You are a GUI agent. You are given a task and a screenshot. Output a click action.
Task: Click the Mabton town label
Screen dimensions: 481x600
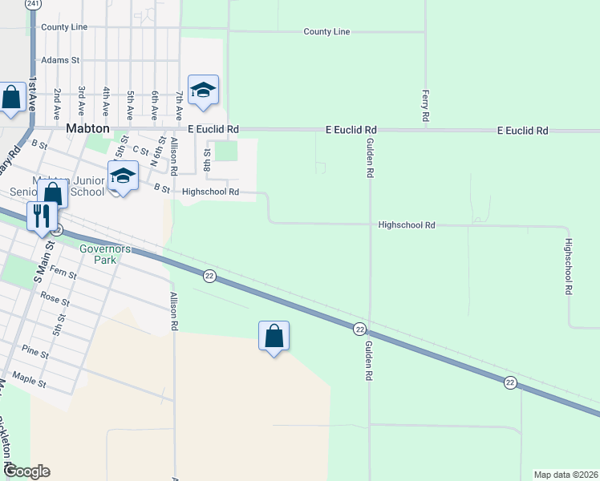point(87,129)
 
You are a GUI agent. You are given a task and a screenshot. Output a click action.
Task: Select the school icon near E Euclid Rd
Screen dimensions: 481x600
point(203,91)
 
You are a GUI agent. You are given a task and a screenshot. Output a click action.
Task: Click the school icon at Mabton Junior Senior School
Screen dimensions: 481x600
point(123,176)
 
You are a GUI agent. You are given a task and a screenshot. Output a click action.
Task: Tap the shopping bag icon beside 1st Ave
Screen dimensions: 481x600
point(12,99)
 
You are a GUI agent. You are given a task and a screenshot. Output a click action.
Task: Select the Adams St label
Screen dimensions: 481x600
point(61,60)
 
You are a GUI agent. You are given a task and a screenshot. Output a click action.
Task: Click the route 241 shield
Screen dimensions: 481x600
point(33,4)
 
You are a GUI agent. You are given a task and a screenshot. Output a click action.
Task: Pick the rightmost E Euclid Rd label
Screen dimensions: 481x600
point(522,130)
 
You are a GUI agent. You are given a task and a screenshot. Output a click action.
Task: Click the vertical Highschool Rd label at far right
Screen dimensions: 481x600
point(567,267)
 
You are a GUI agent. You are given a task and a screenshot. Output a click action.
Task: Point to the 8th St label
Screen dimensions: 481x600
point(207,159)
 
